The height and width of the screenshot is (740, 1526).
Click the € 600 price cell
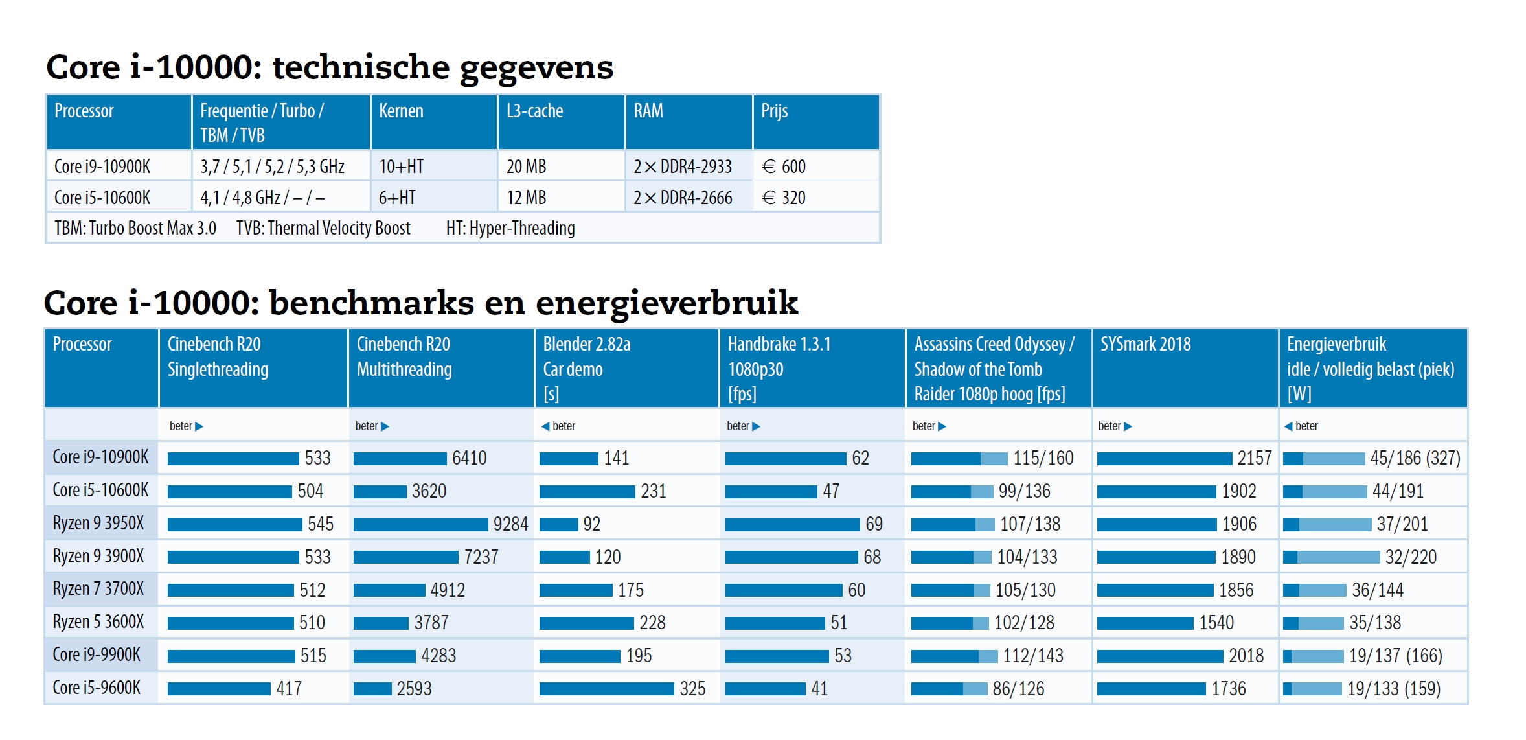click(784, 167)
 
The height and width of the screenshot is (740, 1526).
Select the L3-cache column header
click(534, 111)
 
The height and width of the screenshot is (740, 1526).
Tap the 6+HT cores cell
click(397, 198)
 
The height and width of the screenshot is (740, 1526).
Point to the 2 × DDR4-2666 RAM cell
click(683, 198)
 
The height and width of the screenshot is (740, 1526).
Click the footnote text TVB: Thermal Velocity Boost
click(323, 228)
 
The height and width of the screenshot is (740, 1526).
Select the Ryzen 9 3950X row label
click(98, 523)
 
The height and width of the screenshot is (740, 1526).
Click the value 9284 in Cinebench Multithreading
click(510, 524)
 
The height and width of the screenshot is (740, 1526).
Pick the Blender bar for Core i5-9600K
click(606, 689)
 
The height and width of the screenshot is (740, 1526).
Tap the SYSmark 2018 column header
click(1145, 344)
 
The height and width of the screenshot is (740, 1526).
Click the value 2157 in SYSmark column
click(1255, 458)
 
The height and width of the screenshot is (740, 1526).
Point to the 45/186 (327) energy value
click(1415, 458)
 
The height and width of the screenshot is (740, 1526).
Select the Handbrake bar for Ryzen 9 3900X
click(791, 557)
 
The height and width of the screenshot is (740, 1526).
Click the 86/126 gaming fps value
click(1018, 689)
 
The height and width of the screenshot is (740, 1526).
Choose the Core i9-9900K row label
click(97, 654)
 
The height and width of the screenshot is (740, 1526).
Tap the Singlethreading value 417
click(289, 689)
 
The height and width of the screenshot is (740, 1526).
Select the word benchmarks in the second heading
click(371, 303)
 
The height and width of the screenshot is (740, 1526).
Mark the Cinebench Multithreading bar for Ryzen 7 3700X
click(389, 590)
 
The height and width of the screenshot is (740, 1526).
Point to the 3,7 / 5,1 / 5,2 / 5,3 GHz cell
click(272, 167)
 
